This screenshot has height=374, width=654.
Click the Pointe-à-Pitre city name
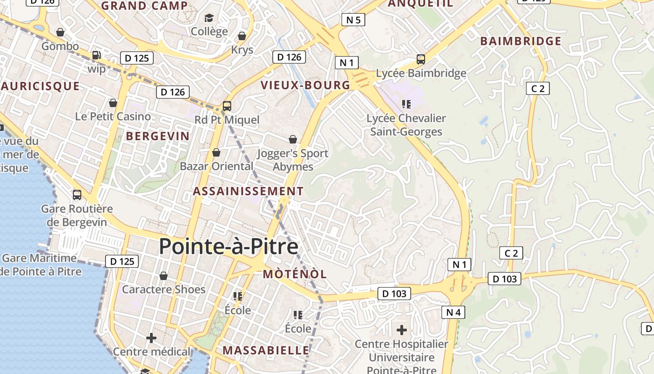pyautogui.click(x=228, y=246)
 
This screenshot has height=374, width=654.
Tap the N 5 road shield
pyautogui.click(x=353, y=20)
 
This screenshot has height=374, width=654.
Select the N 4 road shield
pyautogui.click(x=453, y=312)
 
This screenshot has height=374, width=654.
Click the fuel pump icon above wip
pyautogui.click(x=97, y=55)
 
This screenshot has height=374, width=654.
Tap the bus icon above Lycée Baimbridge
pyautogui.click(x=420, y=59)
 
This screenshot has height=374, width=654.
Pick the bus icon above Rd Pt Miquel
pyautogui.click(x=227, y=106)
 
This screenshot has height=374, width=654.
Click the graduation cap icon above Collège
pyautogui.click(x=209, y=18)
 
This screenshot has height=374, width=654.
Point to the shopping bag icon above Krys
pyautogui.click(x=242, y=36)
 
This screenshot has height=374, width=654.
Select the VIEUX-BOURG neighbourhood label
pyautogui.click(x=306, y=85)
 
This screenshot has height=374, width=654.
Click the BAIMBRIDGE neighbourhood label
pyautogui.click(x=521, y=41)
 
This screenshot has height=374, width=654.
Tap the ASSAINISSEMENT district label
pyautogui.click(x=248, y=191)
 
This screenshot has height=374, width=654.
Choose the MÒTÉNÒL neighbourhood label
pyautogui.click(x=295, y=274)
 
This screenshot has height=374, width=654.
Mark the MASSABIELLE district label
pyautogui.click(x=265, y=350)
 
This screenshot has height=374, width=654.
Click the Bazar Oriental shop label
pyautogui.click(x=216, y=166)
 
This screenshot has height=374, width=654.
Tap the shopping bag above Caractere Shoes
pyautogui.click(x=163, y=276)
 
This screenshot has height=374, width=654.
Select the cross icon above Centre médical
pyautogui.click(x=151, y=338)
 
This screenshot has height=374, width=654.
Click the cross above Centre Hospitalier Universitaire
pyautogui.click(x=401, y=330)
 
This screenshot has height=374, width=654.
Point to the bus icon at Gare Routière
pyautogui.click(x=77, y=194)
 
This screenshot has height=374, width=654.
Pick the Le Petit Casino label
pyautogui.click(x=113, y=116)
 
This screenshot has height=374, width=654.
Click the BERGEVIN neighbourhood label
pyautogui.click(x=158, y=137)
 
